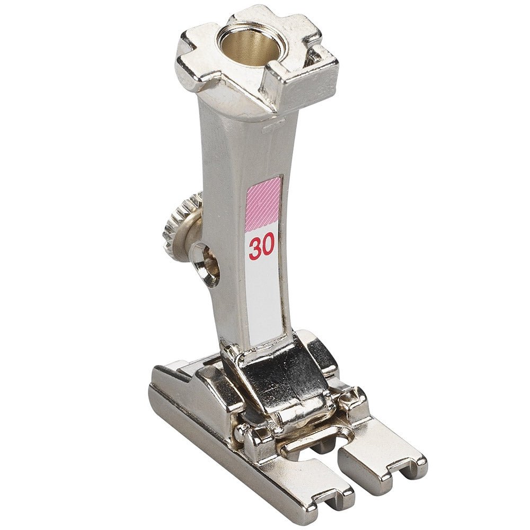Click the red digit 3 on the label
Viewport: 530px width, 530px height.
[254, 249]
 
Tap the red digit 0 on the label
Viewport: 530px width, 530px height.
[268, 248]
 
